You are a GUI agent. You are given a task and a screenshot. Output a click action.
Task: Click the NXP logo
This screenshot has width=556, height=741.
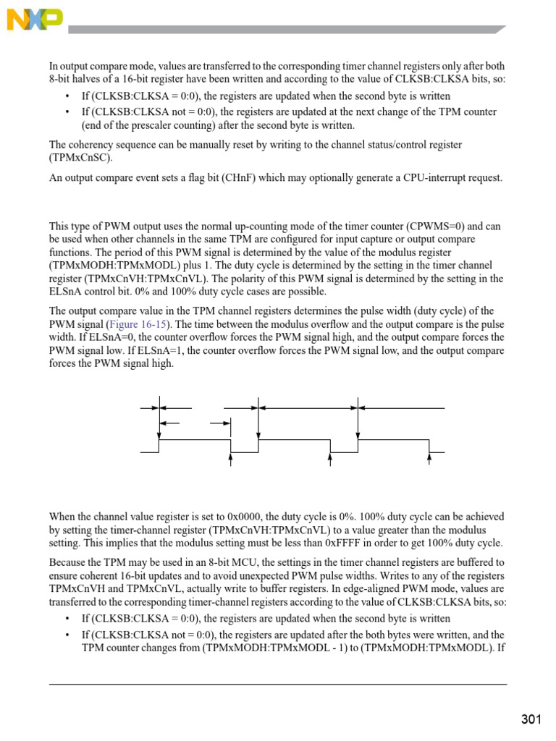35,20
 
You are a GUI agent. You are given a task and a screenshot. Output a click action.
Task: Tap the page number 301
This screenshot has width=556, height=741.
531,719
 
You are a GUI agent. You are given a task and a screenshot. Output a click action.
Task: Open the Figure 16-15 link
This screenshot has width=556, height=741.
131,325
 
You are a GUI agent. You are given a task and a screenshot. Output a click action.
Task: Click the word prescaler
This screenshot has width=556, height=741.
144,125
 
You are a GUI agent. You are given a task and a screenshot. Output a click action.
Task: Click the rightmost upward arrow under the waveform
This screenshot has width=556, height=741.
429,458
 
